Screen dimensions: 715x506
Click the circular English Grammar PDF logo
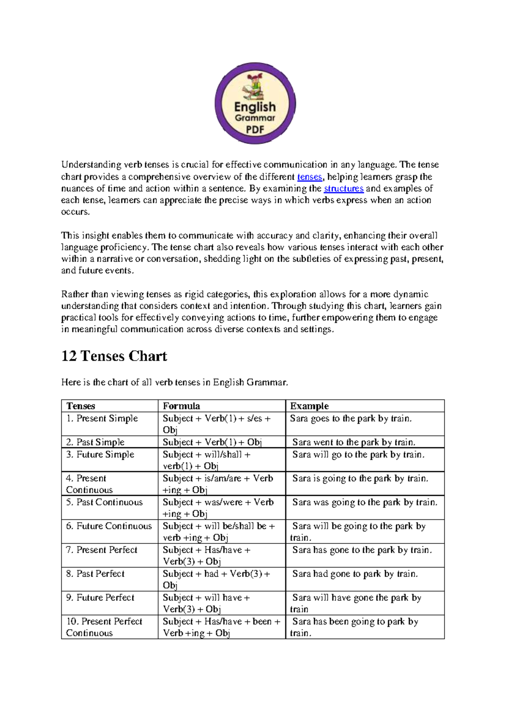coord(255,103)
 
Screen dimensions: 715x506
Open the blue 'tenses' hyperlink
coord(310,177)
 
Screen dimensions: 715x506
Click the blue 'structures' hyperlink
coord(343,188)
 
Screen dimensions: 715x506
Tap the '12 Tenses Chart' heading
coord(114,356)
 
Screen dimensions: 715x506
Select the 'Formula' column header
coord(181,406)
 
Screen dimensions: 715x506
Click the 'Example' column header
coord(309,406)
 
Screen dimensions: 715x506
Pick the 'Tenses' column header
coord(81,406)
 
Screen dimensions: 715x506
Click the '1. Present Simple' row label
coord(102,418)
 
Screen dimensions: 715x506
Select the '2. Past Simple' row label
coord(95,442)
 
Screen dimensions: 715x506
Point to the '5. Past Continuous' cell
coord(104,502)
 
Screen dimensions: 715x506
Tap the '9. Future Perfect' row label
coord(100,597)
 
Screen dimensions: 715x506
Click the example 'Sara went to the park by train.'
coord(353,442)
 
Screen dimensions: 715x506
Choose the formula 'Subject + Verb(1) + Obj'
coord(212,442)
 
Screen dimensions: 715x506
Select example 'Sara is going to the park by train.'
coord(360,478)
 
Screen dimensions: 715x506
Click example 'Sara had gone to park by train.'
coord(355,574)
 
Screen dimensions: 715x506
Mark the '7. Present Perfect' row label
coord(102,550)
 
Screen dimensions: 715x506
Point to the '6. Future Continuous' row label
coord(109,526)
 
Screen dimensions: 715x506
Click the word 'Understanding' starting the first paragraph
coord(91,165)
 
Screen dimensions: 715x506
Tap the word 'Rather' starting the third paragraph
coord(73,294)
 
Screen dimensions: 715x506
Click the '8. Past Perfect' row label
coord(95,574)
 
